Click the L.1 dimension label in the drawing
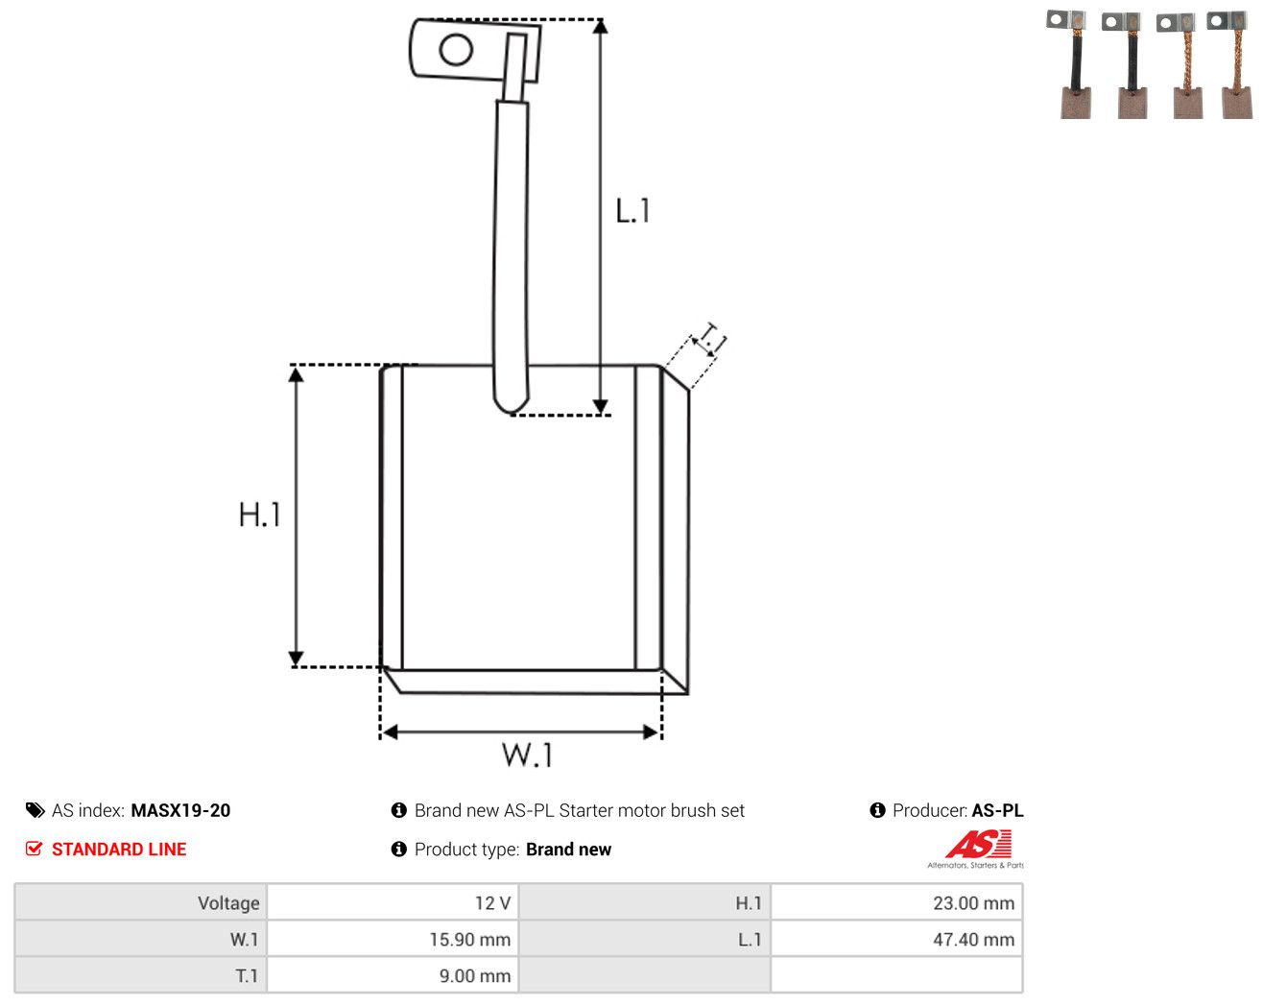pyautogui.click(x=632, y=210)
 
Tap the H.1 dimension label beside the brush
pyautogui.click(x=259, y=515)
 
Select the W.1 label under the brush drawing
pyautogui.click(x=527, y=754)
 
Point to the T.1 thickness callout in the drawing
pyautogui.click(x=711, y=339)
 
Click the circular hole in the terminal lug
pyautogui.click(x=456, y=50)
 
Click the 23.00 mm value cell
pyautogui.click(x=973, y=902)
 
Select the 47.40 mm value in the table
pyautogui.click(x=973, y=939)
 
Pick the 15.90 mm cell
pyautogui.click(x=469, y=939)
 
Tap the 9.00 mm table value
pyautogui.click(x=475, y=975)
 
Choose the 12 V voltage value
pyautogui.click(x=492, y=902)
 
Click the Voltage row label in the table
pyautogui.click(x=228, y=902)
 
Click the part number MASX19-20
pyautogui.click(x=180, y=810)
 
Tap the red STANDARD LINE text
pyautogui.click(x=119, y=849)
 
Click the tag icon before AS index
pyautogui.click(x=36, y=810)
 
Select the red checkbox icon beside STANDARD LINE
pyautogui.click(x=34, y=849)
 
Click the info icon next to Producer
pyautogui.click(x=877, y=810)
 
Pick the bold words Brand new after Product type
pyautogui.click(x=568, y=849)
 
